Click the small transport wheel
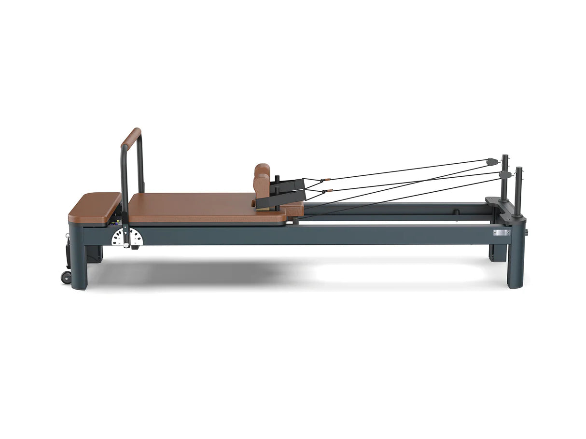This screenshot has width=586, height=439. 66,277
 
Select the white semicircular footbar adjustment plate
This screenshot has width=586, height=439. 127,237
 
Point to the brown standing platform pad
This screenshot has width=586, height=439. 95,207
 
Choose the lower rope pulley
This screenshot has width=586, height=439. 504,174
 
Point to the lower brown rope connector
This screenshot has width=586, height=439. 327,190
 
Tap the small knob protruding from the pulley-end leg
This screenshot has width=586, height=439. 527,232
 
